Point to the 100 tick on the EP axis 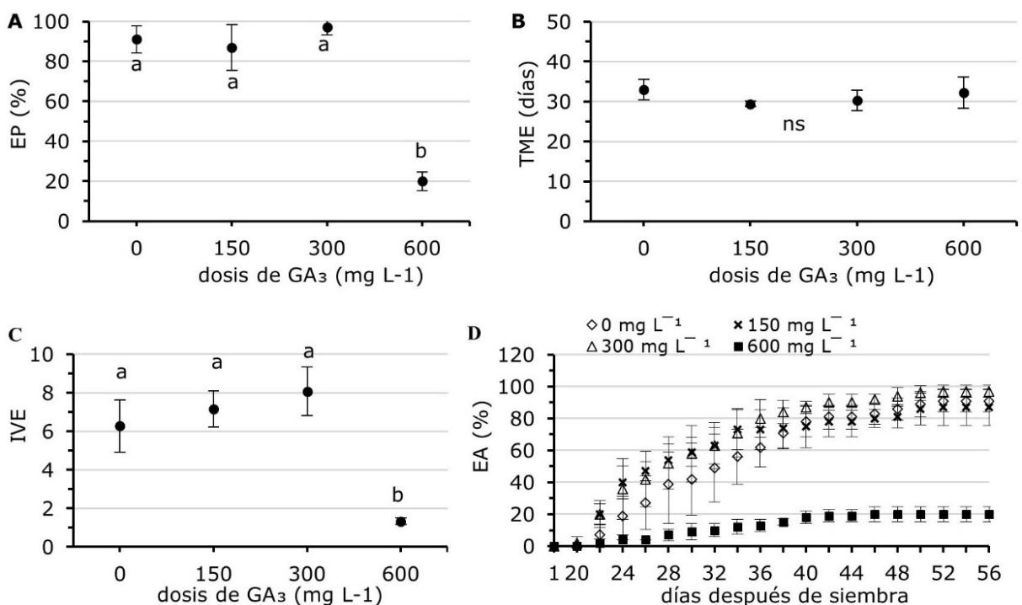click(x=56, y=22)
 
